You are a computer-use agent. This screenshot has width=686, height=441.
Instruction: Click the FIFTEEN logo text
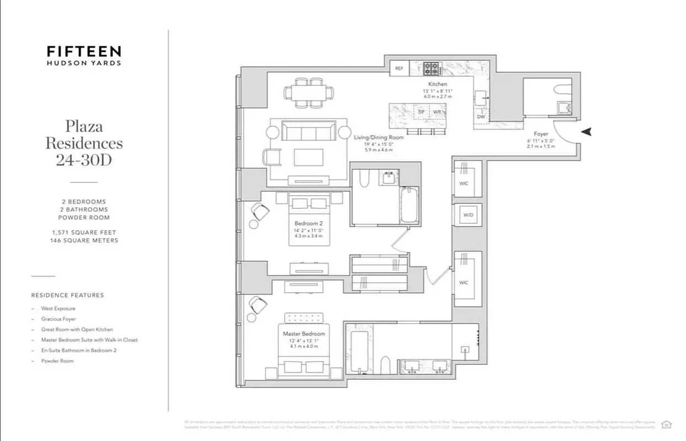[84, 52]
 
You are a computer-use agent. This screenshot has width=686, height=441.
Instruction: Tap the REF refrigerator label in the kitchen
[399, 69]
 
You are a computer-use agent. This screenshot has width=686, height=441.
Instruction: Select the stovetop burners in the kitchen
[432, 69]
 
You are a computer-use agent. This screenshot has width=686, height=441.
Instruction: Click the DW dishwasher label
[480, 116]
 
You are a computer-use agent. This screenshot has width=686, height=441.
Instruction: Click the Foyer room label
[541, 134]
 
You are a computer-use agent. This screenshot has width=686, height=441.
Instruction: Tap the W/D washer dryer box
[467, 215]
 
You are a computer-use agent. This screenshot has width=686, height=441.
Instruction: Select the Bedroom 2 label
[309, 223]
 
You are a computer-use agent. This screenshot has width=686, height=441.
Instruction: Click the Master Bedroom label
[304, 334]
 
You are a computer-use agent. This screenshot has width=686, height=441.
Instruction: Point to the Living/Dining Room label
[379, 137]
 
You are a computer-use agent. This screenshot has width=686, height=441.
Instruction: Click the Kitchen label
[438, 84]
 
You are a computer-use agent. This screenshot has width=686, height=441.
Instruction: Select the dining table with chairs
[309, 93]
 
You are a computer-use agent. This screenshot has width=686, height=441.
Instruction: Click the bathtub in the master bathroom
[359, 351]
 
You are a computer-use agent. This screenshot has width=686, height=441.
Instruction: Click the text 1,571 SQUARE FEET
[84, 233]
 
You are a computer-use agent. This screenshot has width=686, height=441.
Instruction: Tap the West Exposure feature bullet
[58, 309]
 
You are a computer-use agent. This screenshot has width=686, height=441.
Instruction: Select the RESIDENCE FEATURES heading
[67, 295]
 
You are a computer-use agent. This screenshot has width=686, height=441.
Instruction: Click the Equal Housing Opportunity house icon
[667, 424]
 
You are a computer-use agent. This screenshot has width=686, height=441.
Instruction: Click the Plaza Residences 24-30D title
[84, 143]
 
